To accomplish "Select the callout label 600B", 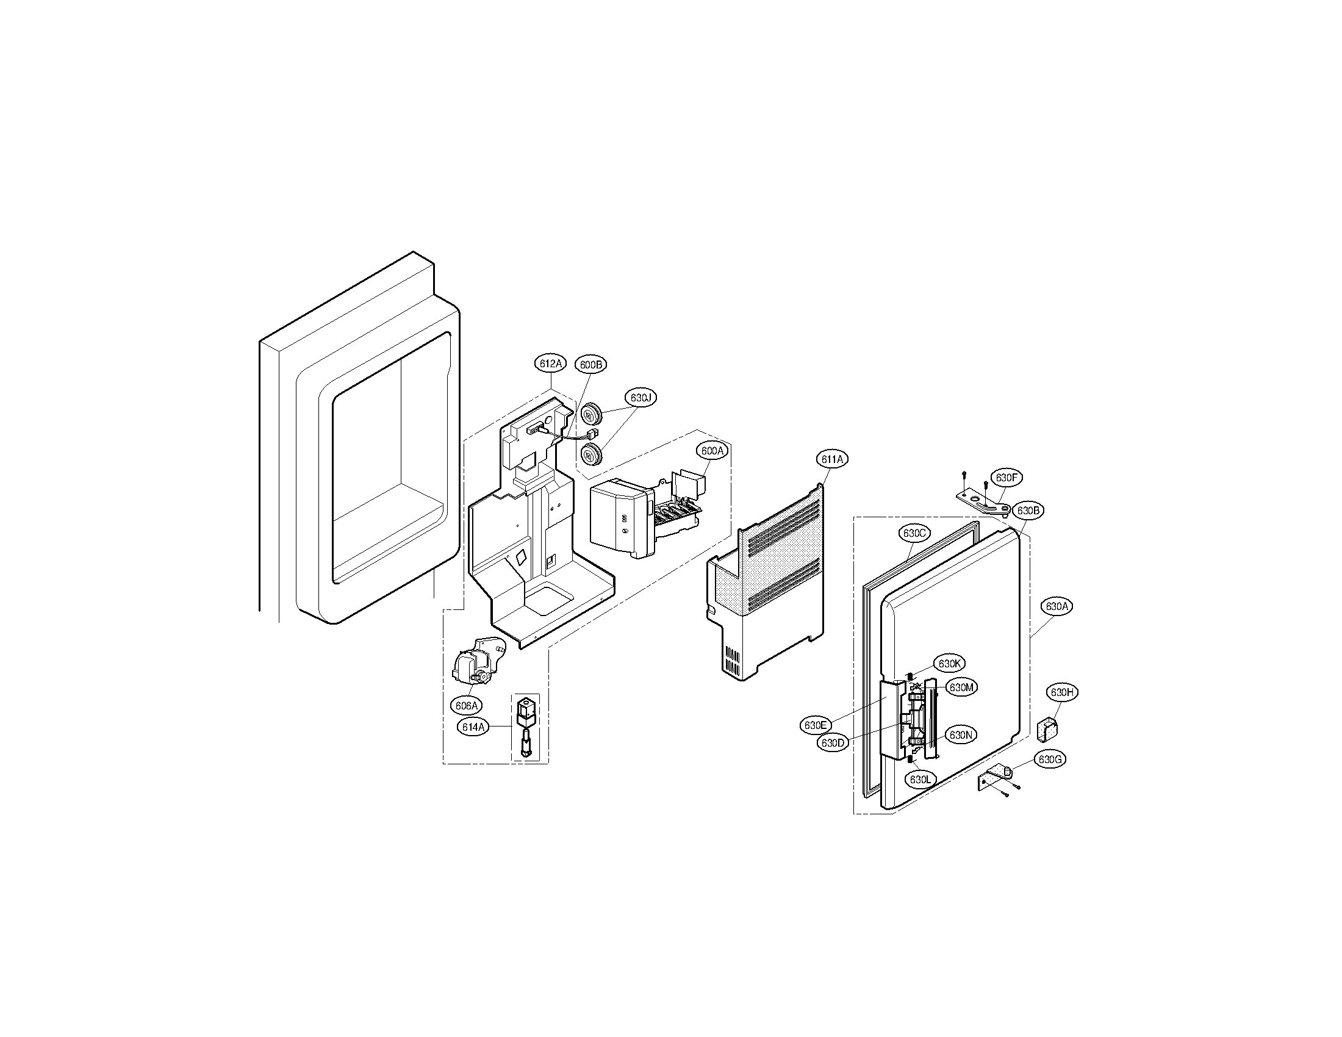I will point(590,365).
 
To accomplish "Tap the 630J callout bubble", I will point(640,398).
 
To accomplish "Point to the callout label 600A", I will point(712,450).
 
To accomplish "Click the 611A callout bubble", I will point(832,459).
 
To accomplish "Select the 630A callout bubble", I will point(1057,606).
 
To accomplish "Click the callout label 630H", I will point(1062,692).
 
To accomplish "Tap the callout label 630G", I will point(1050,759).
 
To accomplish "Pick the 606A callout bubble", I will point(466,705).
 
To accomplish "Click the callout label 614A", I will point(473,727).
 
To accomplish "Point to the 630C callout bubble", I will point(914,533).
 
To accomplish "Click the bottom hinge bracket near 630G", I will point(994,778).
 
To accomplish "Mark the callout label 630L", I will point(920,780).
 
